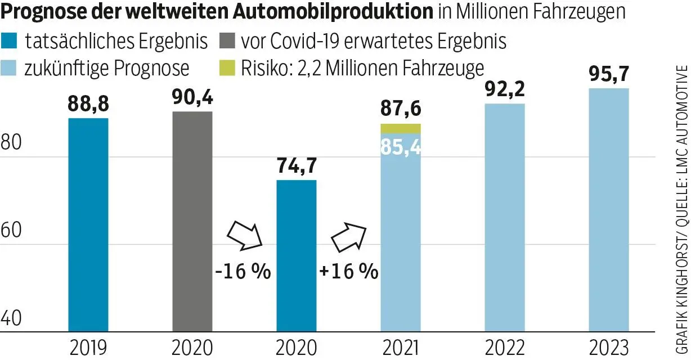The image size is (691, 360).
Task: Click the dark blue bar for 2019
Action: click(88, 225)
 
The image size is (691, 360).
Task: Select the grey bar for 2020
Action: click(192, 222)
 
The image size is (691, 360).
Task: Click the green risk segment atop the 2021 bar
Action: click(401, 128)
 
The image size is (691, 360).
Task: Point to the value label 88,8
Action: click(88, 105)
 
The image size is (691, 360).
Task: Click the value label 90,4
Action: click(192, 98)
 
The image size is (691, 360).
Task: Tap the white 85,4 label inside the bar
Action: click(401, 147)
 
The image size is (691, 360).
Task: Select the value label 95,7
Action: click(608, 74)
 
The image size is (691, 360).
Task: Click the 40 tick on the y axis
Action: click(11, 318)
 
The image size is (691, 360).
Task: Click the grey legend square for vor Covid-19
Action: click(227, 41)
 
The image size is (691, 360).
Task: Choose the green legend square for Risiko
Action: click(227, 69)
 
